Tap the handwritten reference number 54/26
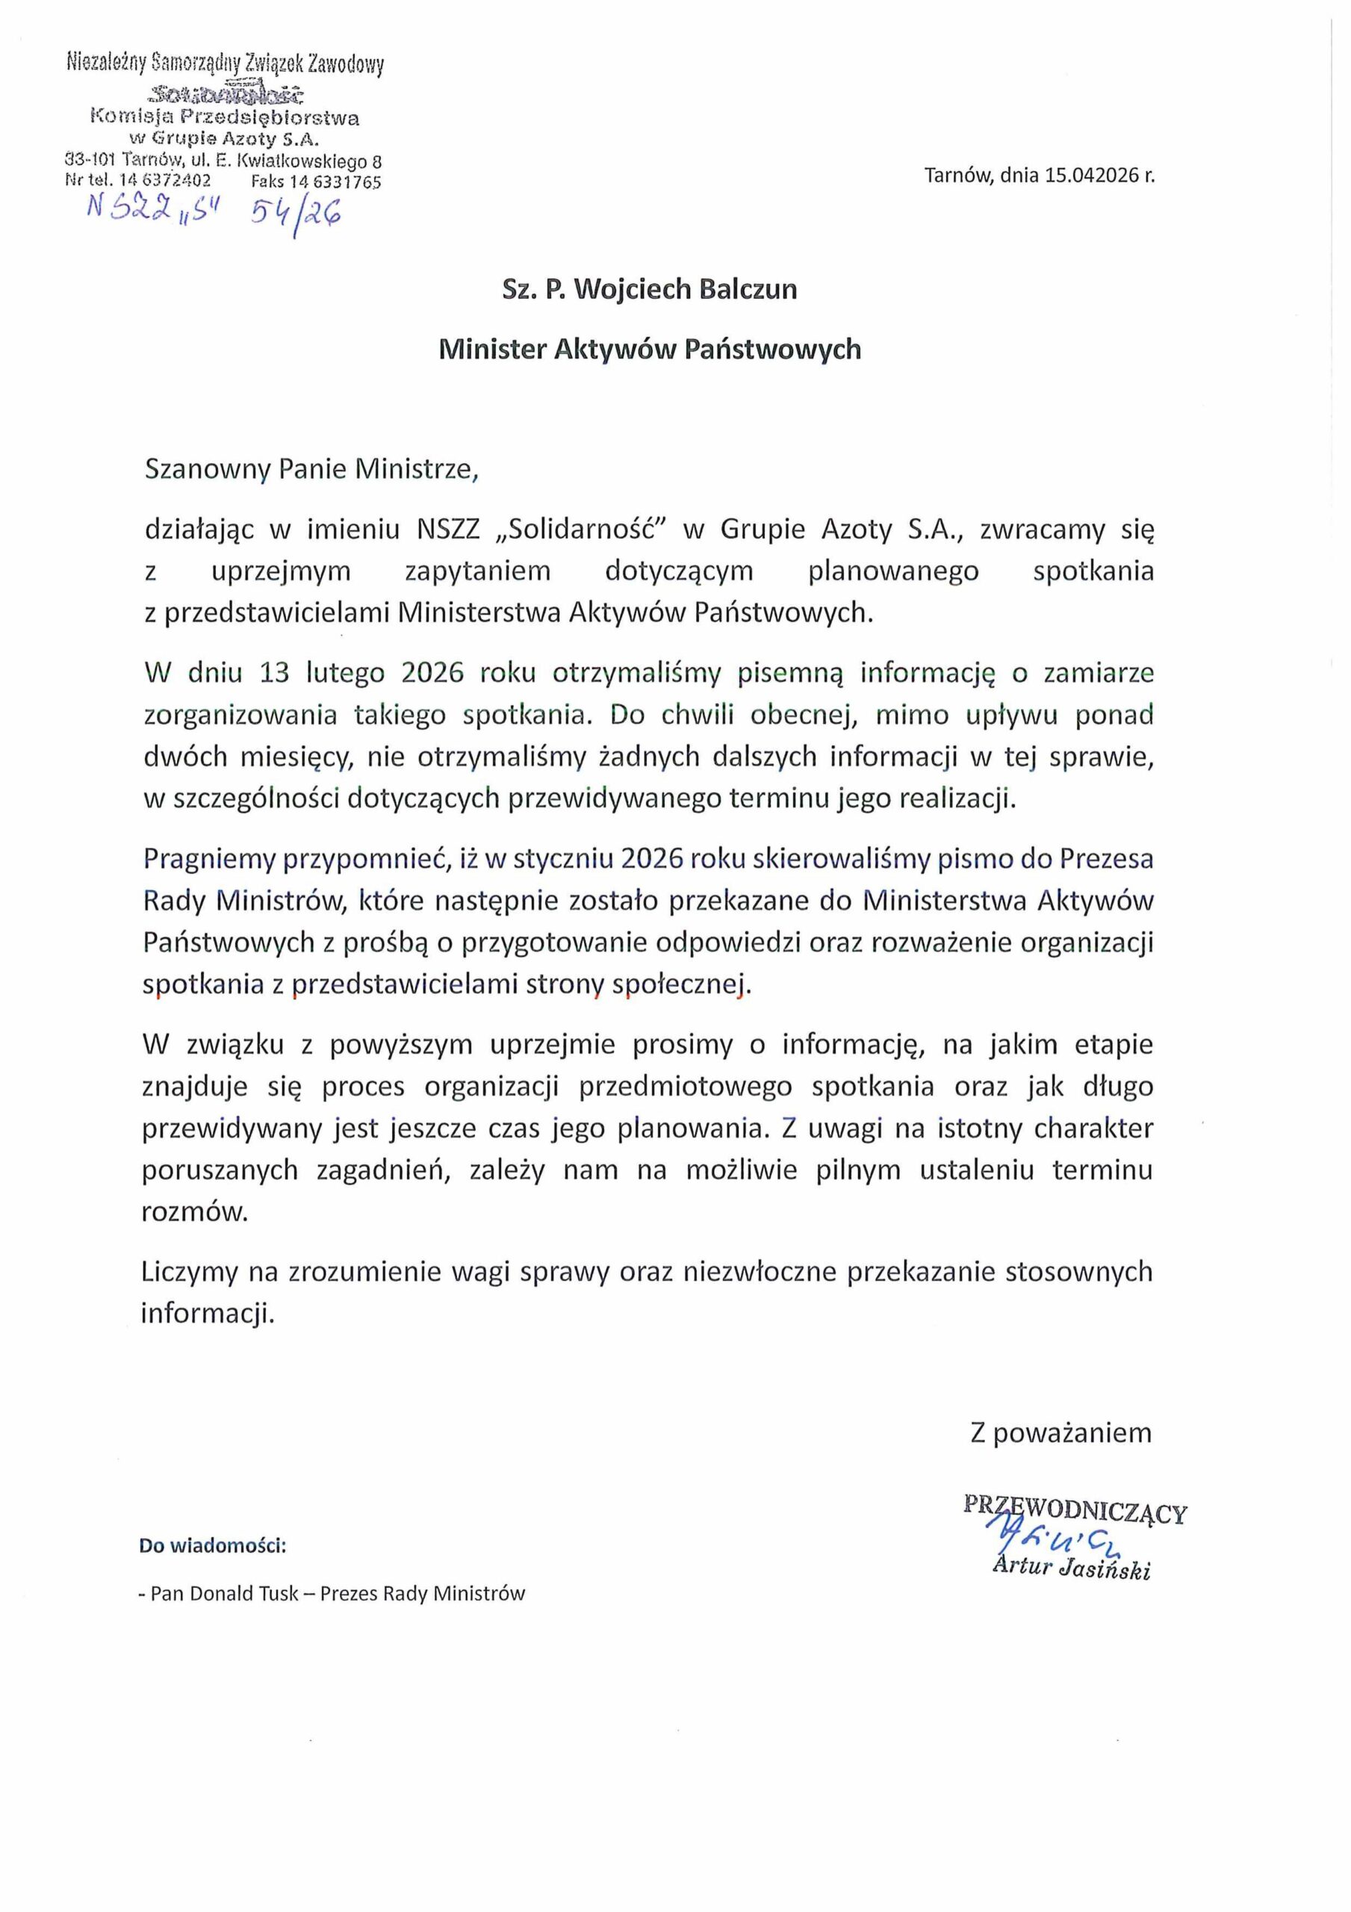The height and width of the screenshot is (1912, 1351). [296, 217]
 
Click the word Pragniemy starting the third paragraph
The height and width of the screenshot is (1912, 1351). [208, 859]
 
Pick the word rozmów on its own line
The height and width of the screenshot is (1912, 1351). [195, 1212]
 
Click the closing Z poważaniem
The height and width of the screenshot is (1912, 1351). [1060, 1433]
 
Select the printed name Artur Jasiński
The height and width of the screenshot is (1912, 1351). [1071, 1569]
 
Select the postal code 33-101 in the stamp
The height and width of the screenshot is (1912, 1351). [89, 159]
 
